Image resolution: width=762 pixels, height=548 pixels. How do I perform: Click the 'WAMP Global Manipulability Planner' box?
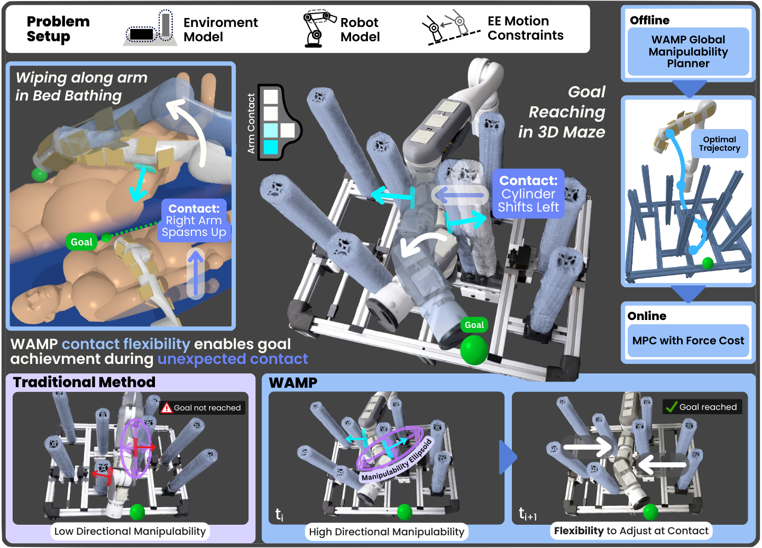(688, 52)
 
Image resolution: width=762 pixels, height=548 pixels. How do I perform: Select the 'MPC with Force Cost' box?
(688, 341)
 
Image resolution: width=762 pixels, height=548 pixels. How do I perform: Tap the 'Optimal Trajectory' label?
(719, 144)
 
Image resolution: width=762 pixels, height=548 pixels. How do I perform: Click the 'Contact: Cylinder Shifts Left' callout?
(528, 194)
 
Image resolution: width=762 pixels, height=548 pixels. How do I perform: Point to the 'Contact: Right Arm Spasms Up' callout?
(194, 221)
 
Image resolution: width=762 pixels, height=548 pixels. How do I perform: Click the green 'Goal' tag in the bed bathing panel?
(81, 242)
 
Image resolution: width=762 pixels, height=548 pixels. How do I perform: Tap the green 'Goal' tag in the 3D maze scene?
(474, 325)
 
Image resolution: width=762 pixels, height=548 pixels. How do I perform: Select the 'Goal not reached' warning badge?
(202, 408)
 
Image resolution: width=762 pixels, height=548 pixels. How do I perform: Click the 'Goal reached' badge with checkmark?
(702, 407)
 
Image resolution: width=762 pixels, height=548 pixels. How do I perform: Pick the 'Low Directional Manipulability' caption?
(130, 531)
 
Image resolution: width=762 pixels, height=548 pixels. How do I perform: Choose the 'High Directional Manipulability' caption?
(387, 532)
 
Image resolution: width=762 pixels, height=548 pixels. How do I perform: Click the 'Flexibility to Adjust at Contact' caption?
(631, 531)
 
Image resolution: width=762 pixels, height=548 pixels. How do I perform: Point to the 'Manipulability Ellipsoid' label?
(397, 461)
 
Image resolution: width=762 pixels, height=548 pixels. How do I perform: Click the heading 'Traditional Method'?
(84, 382)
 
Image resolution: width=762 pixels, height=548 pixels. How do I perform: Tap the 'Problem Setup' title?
(58, 29)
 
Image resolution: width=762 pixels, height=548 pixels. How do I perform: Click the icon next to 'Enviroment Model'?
(150, 29)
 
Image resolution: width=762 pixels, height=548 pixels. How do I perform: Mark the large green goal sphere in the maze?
(474, 350)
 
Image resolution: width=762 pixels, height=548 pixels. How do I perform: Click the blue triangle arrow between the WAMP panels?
(507, 457)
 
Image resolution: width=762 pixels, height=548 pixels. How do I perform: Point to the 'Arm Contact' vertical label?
(251, 123)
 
